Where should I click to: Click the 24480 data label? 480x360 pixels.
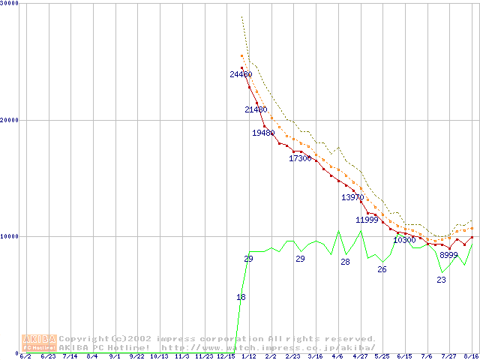pos(241,74)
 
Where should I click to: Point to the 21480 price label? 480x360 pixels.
pos(256,109)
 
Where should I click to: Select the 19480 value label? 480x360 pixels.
pos(263,133)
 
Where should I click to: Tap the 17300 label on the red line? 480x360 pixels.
pos(300,158)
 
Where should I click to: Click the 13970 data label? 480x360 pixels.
pos(352,197)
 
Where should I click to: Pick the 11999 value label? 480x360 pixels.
pos(367,220)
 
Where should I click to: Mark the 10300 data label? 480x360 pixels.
pos(404,240)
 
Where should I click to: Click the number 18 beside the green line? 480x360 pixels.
pos(241,297)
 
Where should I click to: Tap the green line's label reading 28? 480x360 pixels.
pos(345,262)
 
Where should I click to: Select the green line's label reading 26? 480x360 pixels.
pos(382,269)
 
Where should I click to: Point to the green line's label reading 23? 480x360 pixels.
pos(441,280)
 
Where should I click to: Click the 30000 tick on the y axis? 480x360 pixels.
pos(10,4)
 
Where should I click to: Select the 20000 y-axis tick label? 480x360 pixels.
pos(10,120)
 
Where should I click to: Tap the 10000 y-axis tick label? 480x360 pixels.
pos(10,236)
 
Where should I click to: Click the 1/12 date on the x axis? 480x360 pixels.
pos(248,356)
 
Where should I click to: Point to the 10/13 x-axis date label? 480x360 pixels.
pos(159,356)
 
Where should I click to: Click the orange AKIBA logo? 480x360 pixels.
pos(39,343)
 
